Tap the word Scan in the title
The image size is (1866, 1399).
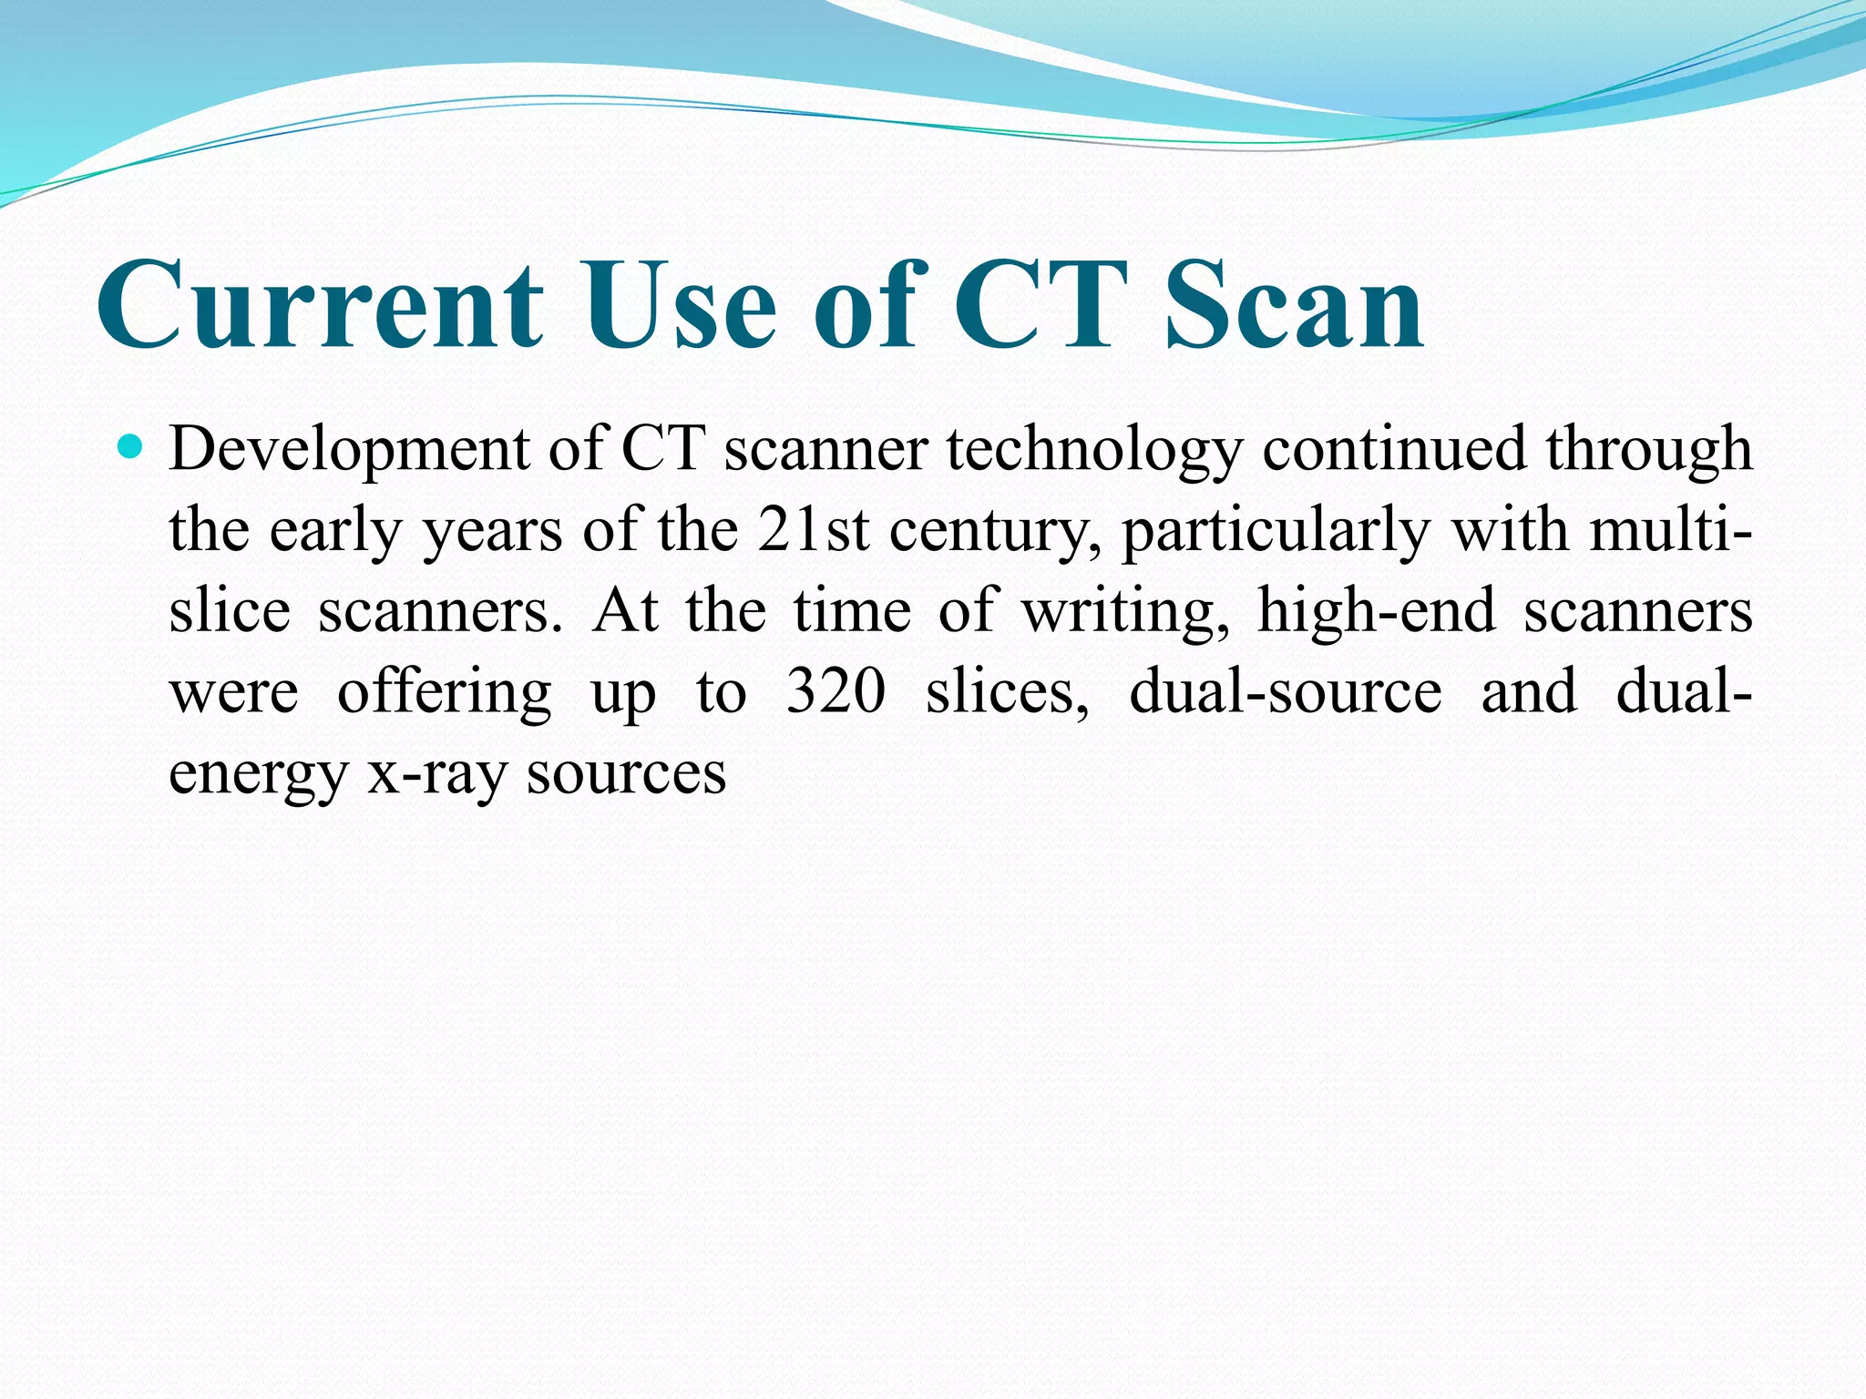(x=1295, y=304)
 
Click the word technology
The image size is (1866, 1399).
(x=1094, y=451)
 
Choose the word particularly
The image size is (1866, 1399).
(x=1276, y=532)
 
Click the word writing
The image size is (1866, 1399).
(x=1126, y=612)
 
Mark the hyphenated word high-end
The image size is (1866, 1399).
(x=1377, y=612)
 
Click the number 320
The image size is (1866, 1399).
(x=836, y=692)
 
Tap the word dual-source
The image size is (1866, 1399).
(x=1286, y=692)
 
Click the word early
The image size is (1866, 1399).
(x=335, y=532)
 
